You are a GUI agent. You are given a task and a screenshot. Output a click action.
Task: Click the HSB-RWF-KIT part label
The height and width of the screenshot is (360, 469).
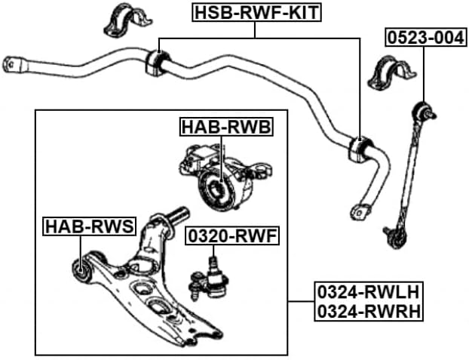tap(256, 12)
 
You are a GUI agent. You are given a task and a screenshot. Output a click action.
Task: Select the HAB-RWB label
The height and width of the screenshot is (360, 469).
tap(225, 127)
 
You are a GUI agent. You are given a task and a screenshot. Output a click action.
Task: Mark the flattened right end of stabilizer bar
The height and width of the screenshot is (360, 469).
tap(360, 210)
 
